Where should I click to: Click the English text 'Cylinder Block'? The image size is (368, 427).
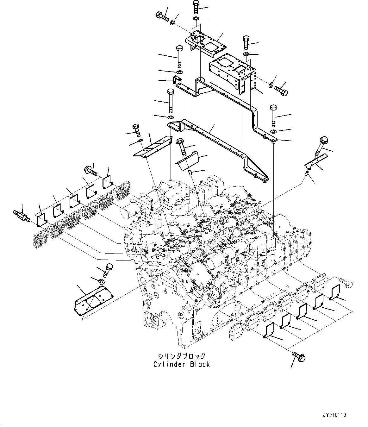click(181, 364)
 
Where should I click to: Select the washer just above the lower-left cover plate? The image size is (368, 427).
click(102, 281)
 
